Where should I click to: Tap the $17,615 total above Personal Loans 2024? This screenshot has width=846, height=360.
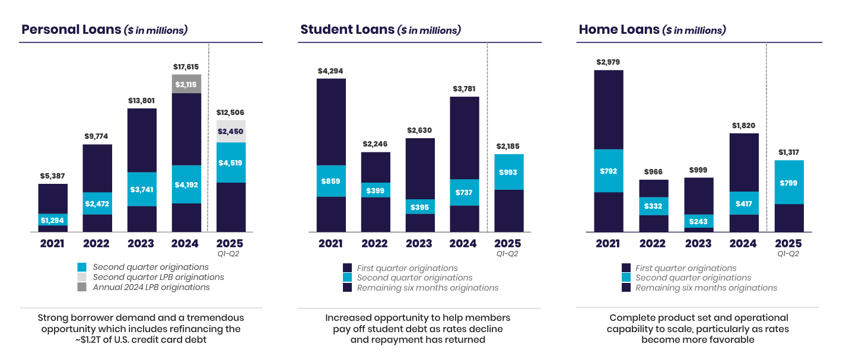click(x=186, y=68)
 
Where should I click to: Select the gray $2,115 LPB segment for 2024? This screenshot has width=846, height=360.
click(x=186, y=84)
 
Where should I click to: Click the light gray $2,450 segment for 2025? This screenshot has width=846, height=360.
click(x=231, y=131)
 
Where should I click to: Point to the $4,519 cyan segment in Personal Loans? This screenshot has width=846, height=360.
click(x=231, y=163)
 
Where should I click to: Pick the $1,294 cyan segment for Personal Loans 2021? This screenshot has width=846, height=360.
click(x=53, y=220)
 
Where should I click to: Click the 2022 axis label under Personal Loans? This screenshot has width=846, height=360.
click(x=97, y=243)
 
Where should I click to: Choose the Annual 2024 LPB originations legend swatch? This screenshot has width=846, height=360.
click(x=82, y=287)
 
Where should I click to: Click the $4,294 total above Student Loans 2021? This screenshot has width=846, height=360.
click(x=331, y=71)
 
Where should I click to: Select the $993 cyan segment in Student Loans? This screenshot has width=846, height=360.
click(x=508, y=173)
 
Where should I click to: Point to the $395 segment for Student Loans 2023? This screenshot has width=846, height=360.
click(x=420, y=206)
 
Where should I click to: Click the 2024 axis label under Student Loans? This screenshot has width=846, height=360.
click(x=463, y=243)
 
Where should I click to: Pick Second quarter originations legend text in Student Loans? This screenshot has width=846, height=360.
click(x=414, y=278)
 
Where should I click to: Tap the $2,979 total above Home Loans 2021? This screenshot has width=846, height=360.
click(x=609, y=62)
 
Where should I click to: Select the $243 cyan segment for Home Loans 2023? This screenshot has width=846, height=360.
click(x=698, y=221)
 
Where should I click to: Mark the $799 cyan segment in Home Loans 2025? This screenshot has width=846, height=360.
click(x=788, y=183)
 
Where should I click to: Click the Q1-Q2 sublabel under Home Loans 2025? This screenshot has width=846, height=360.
click(x=788, y=254)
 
